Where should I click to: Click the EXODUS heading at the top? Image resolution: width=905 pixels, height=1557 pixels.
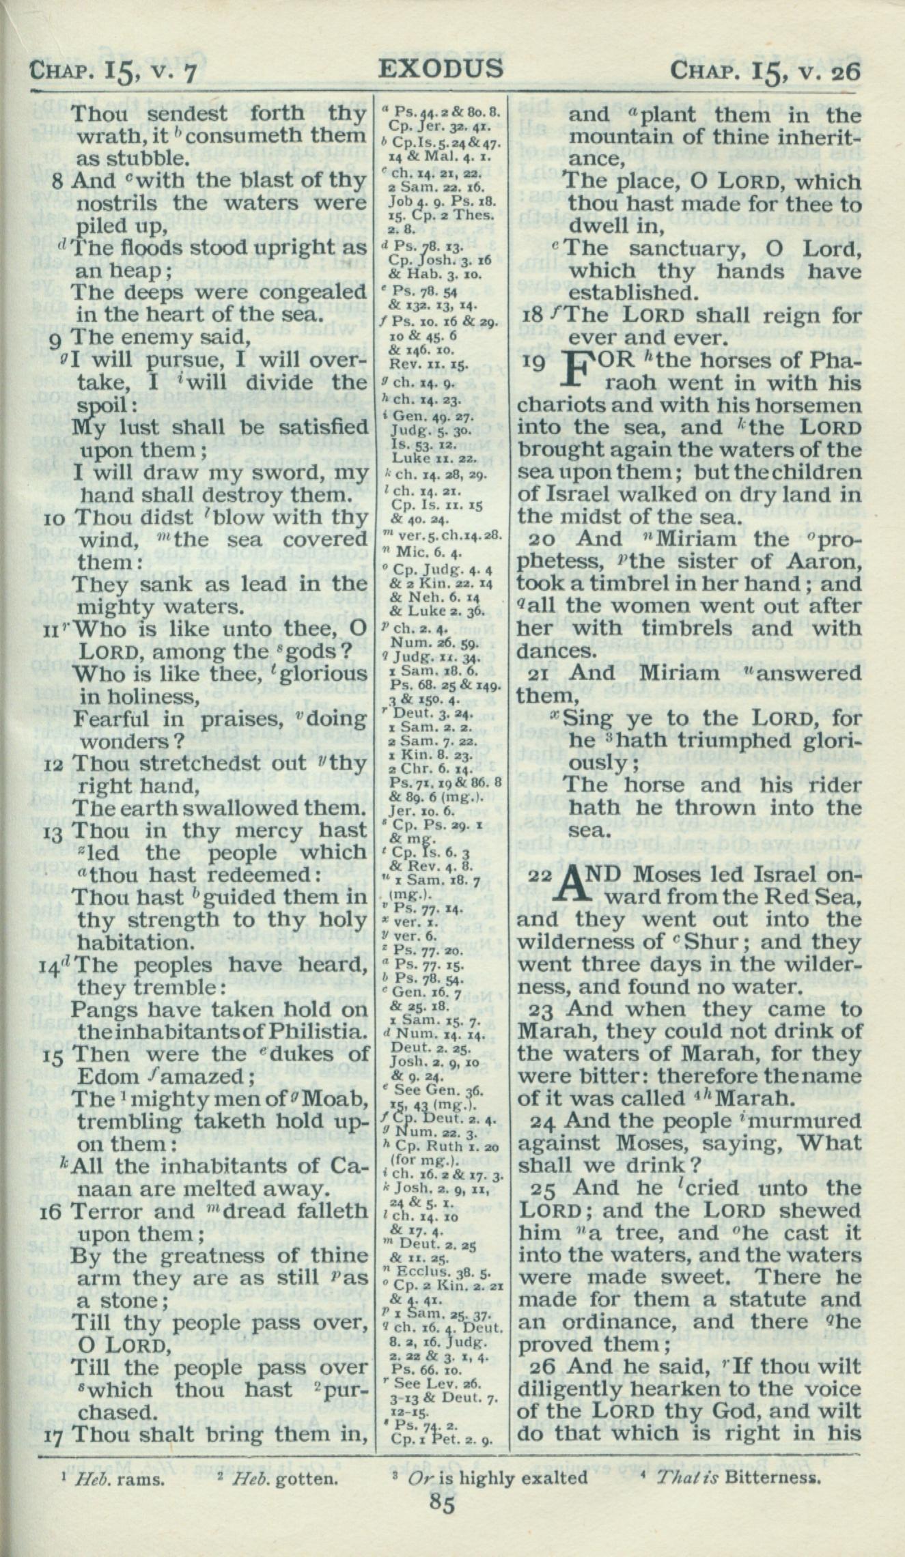click(x=441, y=68)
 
